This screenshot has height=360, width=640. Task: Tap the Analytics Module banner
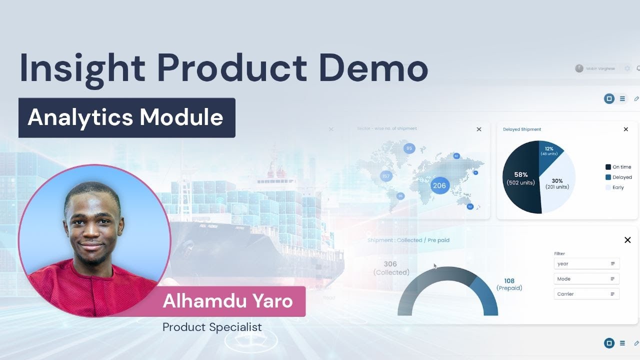point(126,117)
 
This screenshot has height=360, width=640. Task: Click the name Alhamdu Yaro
point(227,301)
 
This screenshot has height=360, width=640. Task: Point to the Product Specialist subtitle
point(212,327)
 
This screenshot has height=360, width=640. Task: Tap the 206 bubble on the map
point(439,185)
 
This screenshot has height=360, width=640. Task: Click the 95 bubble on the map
point(409,148)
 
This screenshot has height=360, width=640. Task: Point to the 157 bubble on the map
point(385,176)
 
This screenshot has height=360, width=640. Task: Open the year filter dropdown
point(586,263)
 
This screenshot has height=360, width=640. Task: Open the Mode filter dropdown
point(586,279)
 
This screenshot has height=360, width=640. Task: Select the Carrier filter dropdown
point(586,294)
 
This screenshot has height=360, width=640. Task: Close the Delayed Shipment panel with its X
point(625,129)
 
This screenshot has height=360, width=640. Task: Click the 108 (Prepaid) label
point(509,284)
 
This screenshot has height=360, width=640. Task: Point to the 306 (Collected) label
point(390,268)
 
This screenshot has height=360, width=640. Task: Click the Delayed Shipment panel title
point(521,129)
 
